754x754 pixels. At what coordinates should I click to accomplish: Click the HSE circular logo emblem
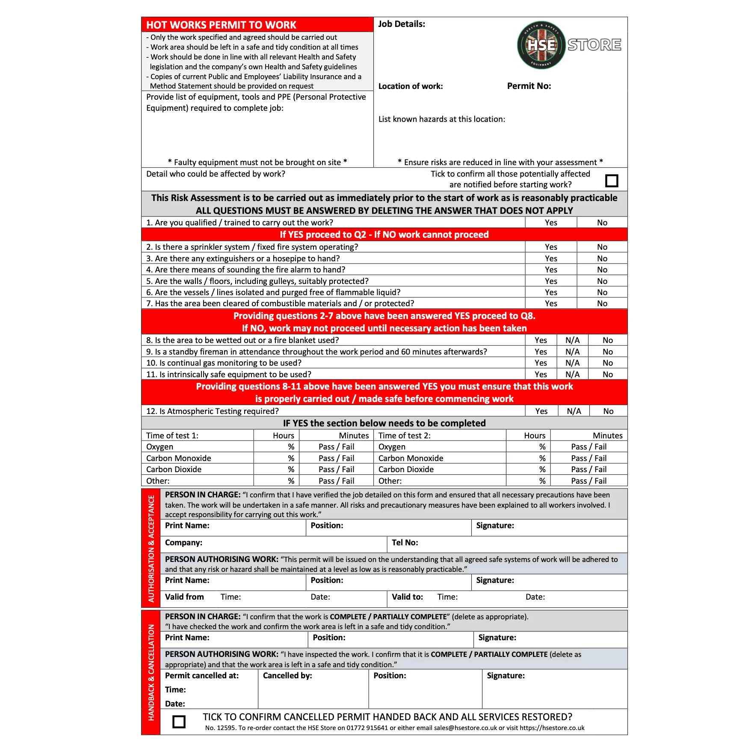point(541,45)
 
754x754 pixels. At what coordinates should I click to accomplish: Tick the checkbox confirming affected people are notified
point(612,180)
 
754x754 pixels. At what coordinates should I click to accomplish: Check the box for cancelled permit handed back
point(179,722)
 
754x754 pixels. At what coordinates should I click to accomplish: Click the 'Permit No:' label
point(529,86)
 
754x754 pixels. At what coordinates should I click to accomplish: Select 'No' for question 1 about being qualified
point(602,222)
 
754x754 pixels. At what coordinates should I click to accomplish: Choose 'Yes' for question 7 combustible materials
point(551,303)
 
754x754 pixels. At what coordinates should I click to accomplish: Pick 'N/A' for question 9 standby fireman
point(572,352)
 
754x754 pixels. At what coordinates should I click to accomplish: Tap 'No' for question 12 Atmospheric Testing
point(608,411)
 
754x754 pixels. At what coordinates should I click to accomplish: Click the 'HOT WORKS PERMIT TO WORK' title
point(221,25)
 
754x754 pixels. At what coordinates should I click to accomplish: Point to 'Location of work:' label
point(411,86)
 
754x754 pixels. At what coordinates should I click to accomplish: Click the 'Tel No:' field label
point(405,542)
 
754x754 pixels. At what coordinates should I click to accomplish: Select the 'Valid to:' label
point(407,597)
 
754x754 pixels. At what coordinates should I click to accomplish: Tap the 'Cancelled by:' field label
point(287,675)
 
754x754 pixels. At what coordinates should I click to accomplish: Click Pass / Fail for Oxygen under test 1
point(336,446)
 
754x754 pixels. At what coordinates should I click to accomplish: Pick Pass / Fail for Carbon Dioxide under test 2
point(588,469)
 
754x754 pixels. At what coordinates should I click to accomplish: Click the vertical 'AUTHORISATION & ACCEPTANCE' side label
point(151,548)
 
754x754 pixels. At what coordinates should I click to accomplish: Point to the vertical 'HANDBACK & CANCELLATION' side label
point(151,672)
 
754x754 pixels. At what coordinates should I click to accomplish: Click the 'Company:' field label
point(183,542)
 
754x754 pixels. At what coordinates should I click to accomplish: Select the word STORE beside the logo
point(594,44)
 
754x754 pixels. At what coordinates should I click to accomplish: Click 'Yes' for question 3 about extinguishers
point(551,258)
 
